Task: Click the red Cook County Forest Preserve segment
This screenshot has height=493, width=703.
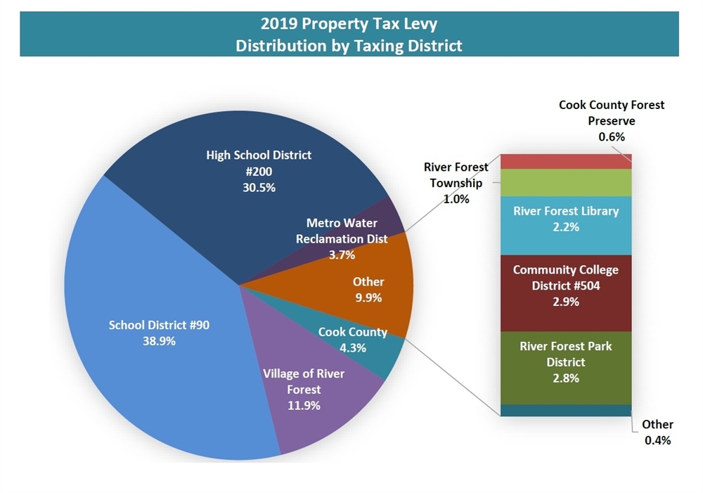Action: (566, 161)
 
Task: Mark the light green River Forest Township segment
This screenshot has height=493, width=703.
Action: (566, 182)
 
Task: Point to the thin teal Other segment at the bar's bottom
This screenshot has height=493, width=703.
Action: (566, 410)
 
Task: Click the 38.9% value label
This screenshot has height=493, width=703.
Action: (158, 341)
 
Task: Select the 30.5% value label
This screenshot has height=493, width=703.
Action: (259, 188)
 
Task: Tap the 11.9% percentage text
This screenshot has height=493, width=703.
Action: (304, 406)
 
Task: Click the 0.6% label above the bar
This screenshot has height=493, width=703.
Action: (612, 137)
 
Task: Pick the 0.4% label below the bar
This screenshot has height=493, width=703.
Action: (658, 441)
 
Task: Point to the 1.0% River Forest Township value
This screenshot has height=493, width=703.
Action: (456, 199)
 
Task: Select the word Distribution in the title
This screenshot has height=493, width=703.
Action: (278, 46)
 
